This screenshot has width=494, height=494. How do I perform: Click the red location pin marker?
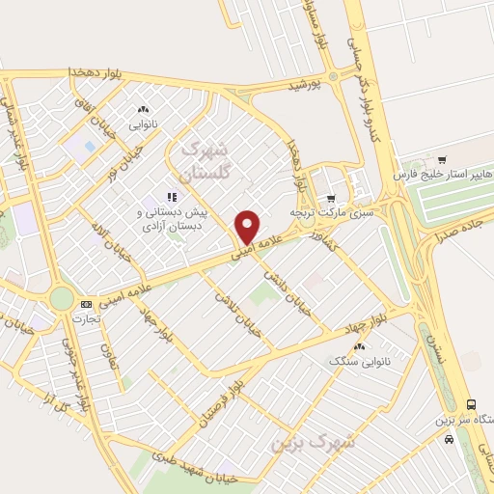point(247,227)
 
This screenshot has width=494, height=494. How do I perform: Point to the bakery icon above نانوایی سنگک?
point(360,346)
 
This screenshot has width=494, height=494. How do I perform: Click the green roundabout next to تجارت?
point(61,298)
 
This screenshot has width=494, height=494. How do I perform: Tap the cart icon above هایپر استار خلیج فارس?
point(442,160)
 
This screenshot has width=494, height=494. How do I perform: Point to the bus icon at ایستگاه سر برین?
point(471,405)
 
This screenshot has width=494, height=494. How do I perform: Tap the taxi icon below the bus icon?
point(450,438)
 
